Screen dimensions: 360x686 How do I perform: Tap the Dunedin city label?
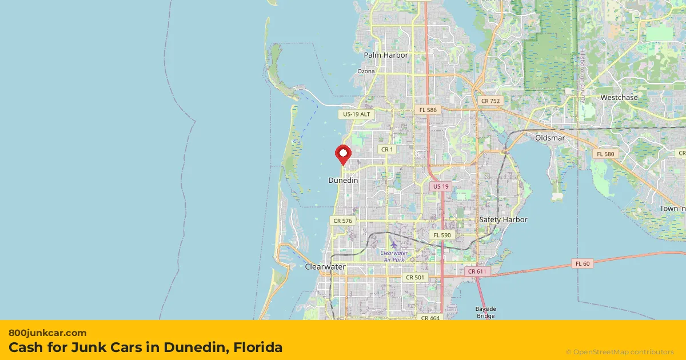click(343, 180)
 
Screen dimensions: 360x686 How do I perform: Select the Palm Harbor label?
click(386, 55)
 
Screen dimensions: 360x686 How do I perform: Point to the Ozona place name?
click(366, 71)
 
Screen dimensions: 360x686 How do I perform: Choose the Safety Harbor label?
click(503, 219)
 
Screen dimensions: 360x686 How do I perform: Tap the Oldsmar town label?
click(550, 138)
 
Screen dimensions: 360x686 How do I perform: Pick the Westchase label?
click(619, 98)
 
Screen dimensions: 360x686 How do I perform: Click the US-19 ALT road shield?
click(357, 114)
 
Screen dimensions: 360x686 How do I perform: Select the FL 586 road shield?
click(428, 110)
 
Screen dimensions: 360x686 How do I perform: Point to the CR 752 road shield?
click(490, 101)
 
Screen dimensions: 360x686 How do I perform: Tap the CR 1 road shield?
click(387, 150)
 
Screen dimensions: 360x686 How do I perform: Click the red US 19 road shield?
click(441, 187)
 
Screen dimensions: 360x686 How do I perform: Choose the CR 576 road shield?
click(343, 221)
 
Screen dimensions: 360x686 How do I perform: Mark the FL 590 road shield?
click(442, 235)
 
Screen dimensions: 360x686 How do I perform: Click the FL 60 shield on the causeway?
click(583, 263)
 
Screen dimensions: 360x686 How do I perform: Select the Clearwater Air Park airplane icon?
click(393, 245)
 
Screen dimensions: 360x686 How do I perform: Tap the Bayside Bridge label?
click(485, 312)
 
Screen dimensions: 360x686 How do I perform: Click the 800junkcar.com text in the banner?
click(47, 333)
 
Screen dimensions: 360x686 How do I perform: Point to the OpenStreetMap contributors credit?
click(620, 352)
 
